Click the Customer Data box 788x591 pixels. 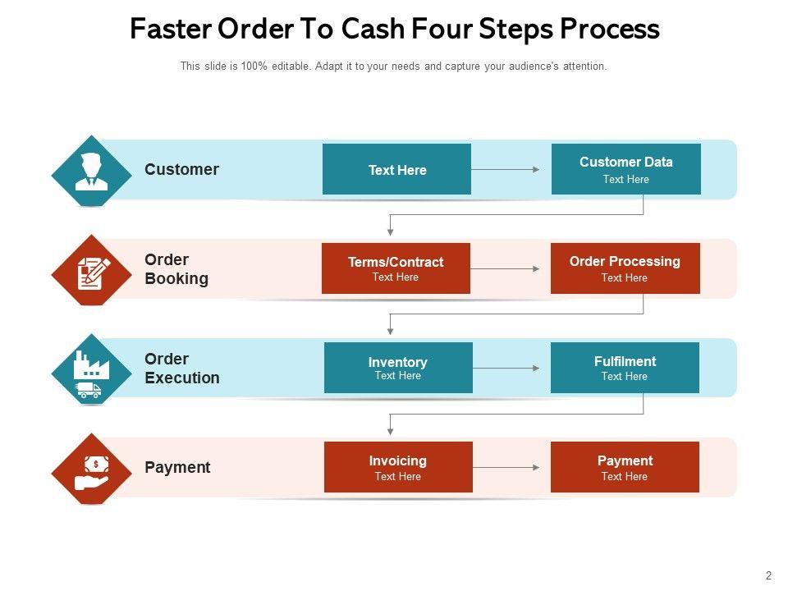(x=625, y=169)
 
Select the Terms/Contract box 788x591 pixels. (x=396, y=268)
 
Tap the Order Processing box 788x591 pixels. (x=625, y=268)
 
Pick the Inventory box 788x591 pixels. (x=398, y=368)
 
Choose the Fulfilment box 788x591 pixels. (x=625, y=368)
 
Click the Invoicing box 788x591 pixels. (x=398, y=467)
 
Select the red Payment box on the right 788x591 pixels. (x=625, y=467)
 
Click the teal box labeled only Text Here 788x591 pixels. (x=396, y=169)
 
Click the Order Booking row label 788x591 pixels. (x=176, y=269)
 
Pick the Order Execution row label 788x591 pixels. (x=182, y=369)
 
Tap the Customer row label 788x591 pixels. (x=181, y=169)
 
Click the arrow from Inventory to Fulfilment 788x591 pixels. (x=506, y=369)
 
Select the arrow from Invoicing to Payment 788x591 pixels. (x=506, y=468)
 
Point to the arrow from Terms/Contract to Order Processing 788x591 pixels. (x=505, y=268)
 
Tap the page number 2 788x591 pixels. (x=768, y=575)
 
